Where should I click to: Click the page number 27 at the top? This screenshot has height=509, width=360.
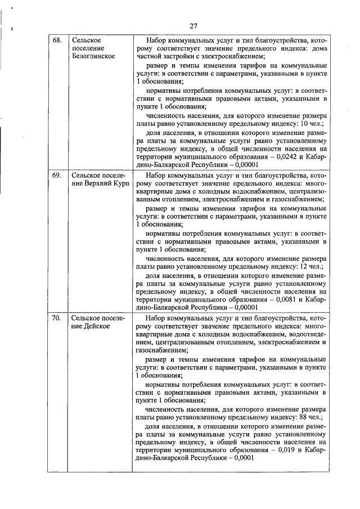pos(192,26)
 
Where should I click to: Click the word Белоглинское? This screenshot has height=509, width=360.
pos(93,56)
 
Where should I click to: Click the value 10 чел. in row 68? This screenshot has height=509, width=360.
pos(312,123)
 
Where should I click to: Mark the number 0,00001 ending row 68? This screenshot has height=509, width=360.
pos(245,165)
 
